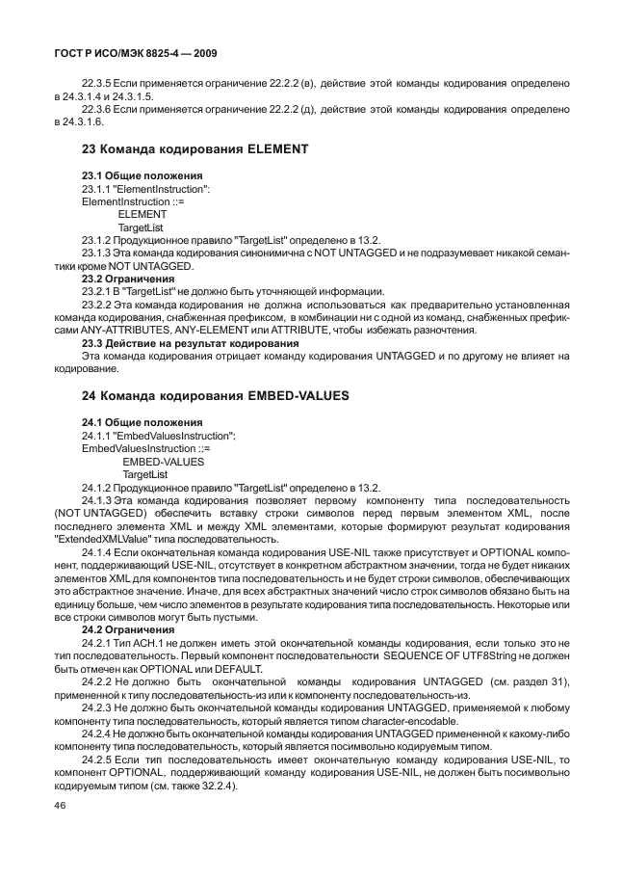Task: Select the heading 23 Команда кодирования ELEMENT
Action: click(x=194, y=149)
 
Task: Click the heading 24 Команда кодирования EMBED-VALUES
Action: click(x=214, y=396)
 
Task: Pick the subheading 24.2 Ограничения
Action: click(x=128, y=628)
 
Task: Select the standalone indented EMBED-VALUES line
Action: click(x=156, y=462)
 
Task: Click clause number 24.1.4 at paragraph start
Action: click(x=98, y=553)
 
